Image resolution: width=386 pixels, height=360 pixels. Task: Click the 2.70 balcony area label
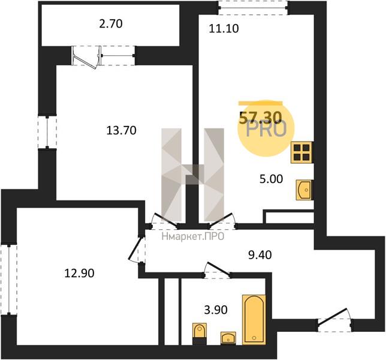(x=111, y=24)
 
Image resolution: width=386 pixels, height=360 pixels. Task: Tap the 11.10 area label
(x=224, y=29)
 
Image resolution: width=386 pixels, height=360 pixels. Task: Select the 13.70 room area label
(x=121, y=130)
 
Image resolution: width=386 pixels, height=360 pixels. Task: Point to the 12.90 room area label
(x=79, y=273)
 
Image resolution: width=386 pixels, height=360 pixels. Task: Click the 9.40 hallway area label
(x=260, y=255)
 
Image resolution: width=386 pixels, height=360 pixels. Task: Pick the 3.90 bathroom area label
(x=216, y=310)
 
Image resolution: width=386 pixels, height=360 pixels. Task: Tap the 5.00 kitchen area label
(x=272, y=179)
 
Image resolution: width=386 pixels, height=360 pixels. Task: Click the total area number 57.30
(x=261, y=118)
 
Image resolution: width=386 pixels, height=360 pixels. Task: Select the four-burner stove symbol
(x=302, y=152)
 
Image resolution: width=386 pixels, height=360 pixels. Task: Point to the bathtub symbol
(x=254, y=320)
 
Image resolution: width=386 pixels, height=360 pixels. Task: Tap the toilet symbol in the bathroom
(x=200, y=332)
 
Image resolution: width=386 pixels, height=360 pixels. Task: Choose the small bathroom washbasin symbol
(x=228, y=338)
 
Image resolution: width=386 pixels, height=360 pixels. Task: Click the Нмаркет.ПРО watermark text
(x=193, y=236)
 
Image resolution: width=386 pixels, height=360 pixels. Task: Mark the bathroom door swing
(x=218, y=270)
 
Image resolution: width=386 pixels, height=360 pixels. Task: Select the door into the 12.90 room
(x=137, y=249)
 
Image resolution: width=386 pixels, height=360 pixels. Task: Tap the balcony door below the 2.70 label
(x=88, y=57)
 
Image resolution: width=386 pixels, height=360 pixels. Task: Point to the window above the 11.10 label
(x=254, y=8)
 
